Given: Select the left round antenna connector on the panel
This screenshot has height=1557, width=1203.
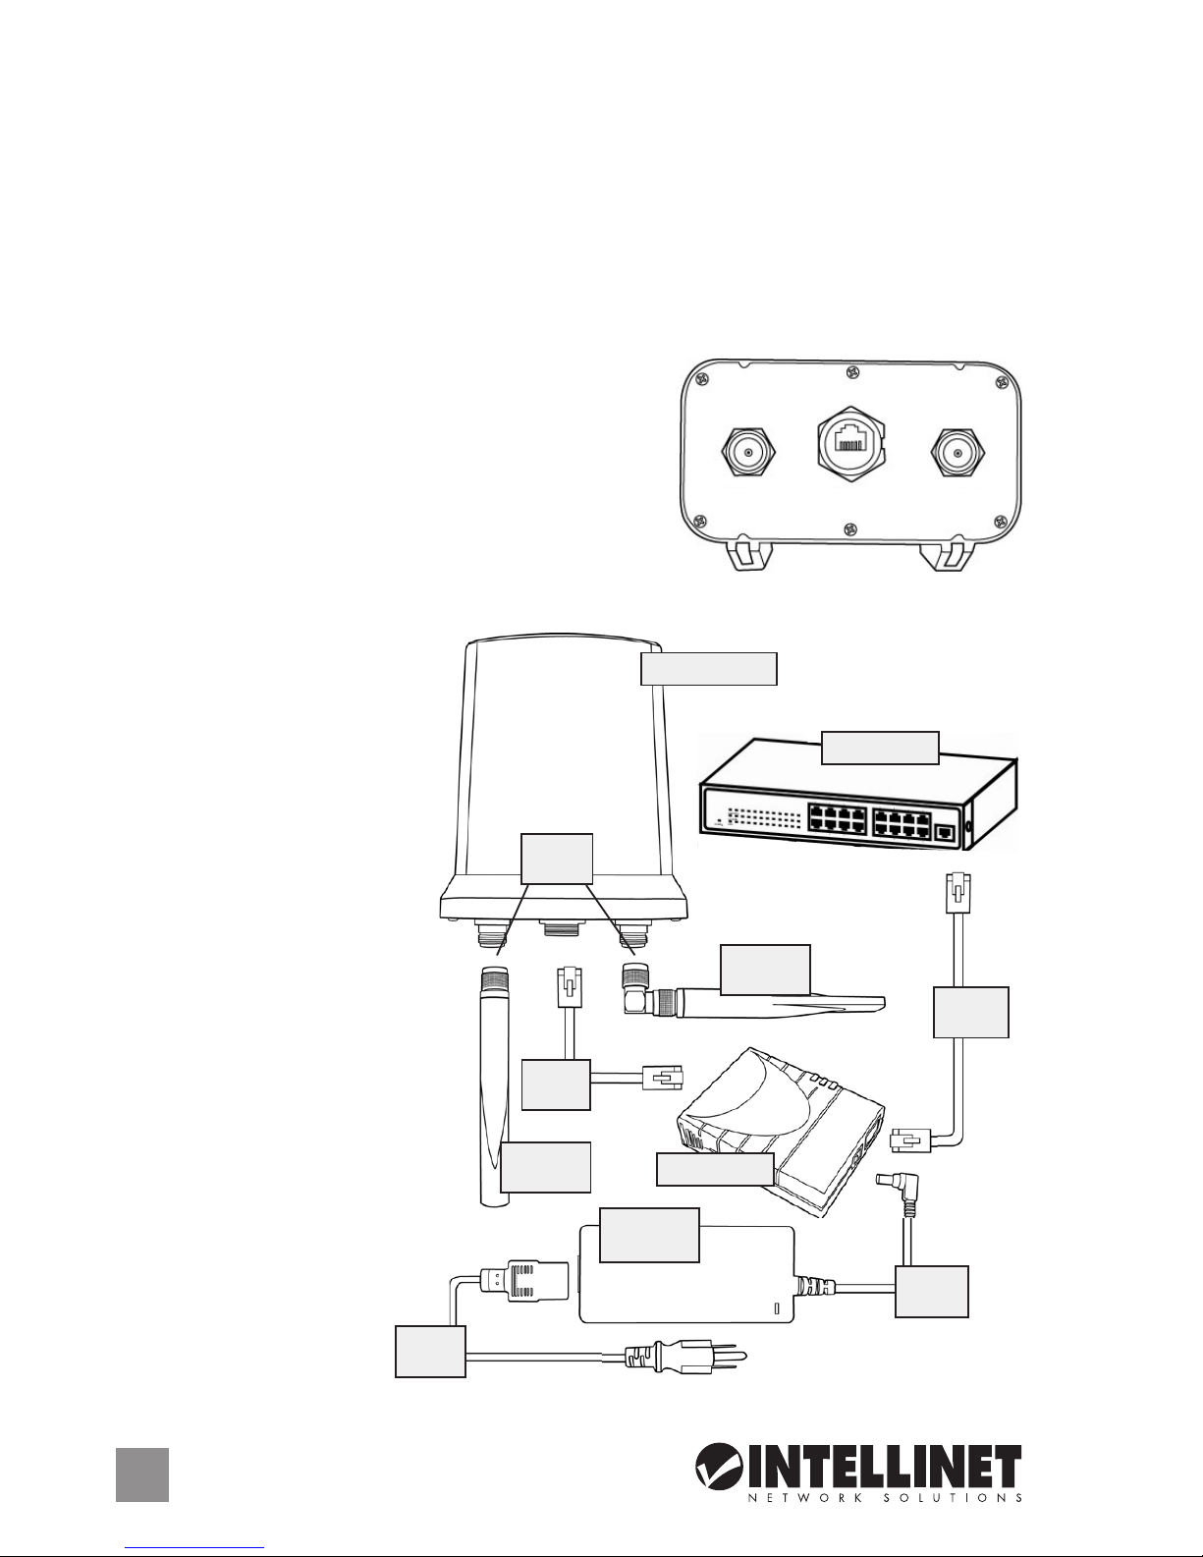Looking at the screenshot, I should click(x=748, y=454).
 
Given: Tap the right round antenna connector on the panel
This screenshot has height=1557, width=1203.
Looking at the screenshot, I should click(x=956, y=454).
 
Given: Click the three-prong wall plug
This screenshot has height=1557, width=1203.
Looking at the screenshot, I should click(x=687, y=1359).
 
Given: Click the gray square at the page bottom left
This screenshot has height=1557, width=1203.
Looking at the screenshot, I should click(x=142, y=1474).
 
